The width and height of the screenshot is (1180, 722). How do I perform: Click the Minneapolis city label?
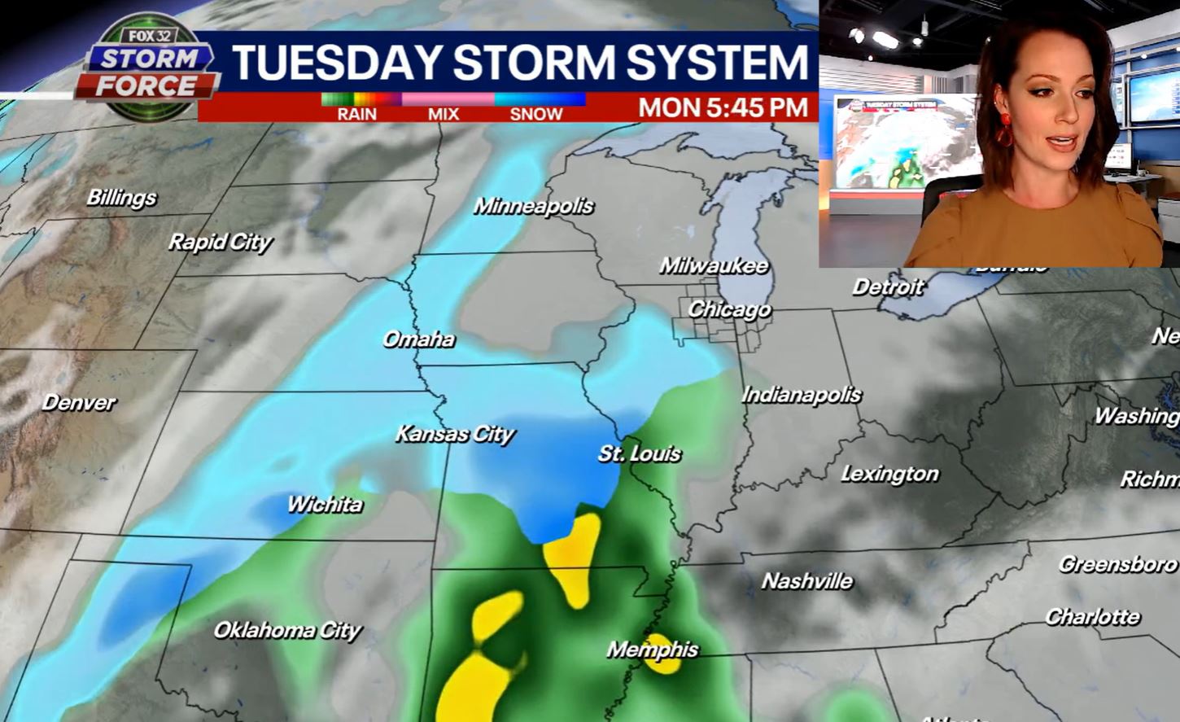(x=534, y=206)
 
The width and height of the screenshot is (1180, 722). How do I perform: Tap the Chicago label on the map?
(x=729, y=309)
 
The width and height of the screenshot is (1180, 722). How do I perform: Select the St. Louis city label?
(x=640, y=453)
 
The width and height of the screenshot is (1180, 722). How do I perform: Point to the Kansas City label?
(x=455, y=434)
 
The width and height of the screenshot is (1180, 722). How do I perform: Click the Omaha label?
(x=418, y=339)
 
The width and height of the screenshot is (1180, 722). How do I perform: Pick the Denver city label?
(x=79, y=402)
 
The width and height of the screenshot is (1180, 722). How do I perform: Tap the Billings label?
(x=121, y=198)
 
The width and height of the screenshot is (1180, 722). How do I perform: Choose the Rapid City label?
(x=220, y=242)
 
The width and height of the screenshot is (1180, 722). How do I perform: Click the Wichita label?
(x=324, y=505)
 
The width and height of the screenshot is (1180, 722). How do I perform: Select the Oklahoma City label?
(x=287, y=630)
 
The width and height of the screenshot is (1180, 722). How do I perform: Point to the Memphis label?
(x=653, y=650)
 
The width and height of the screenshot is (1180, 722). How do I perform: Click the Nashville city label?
(x=806, y=581)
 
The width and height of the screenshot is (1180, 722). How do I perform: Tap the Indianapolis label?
(x=801, y=395)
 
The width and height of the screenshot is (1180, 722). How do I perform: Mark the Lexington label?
(x=889, y=474)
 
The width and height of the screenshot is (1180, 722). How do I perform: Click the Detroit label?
(x=888, y=287)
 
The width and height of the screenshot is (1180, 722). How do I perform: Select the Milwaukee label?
(x=714, y=265)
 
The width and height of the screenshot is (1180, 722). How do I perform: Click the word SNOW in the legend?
(x=536, y=114)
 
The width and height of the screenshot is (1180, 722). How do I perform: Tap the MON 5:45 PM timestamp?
(x=723, y=107)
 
